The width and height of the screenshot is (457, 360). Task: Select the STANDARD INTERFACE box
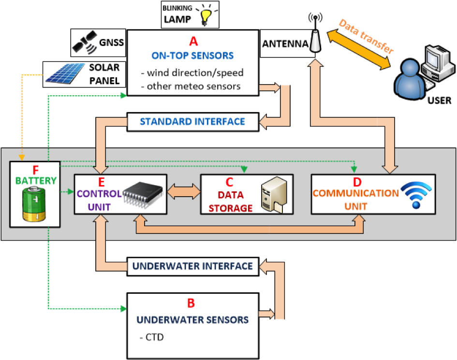(x=192, y=121)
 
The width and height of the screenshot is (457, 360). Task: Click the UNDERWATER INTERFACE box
(x=192, y=266)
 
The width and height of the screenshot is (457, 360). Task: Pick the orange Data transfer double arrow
(x=358, y=43)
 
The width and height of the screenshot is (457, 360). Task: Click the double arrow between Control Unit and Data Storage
(x=183, y=190)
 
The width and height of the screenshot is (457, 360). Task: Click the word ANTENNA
(x=285, y=44)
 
